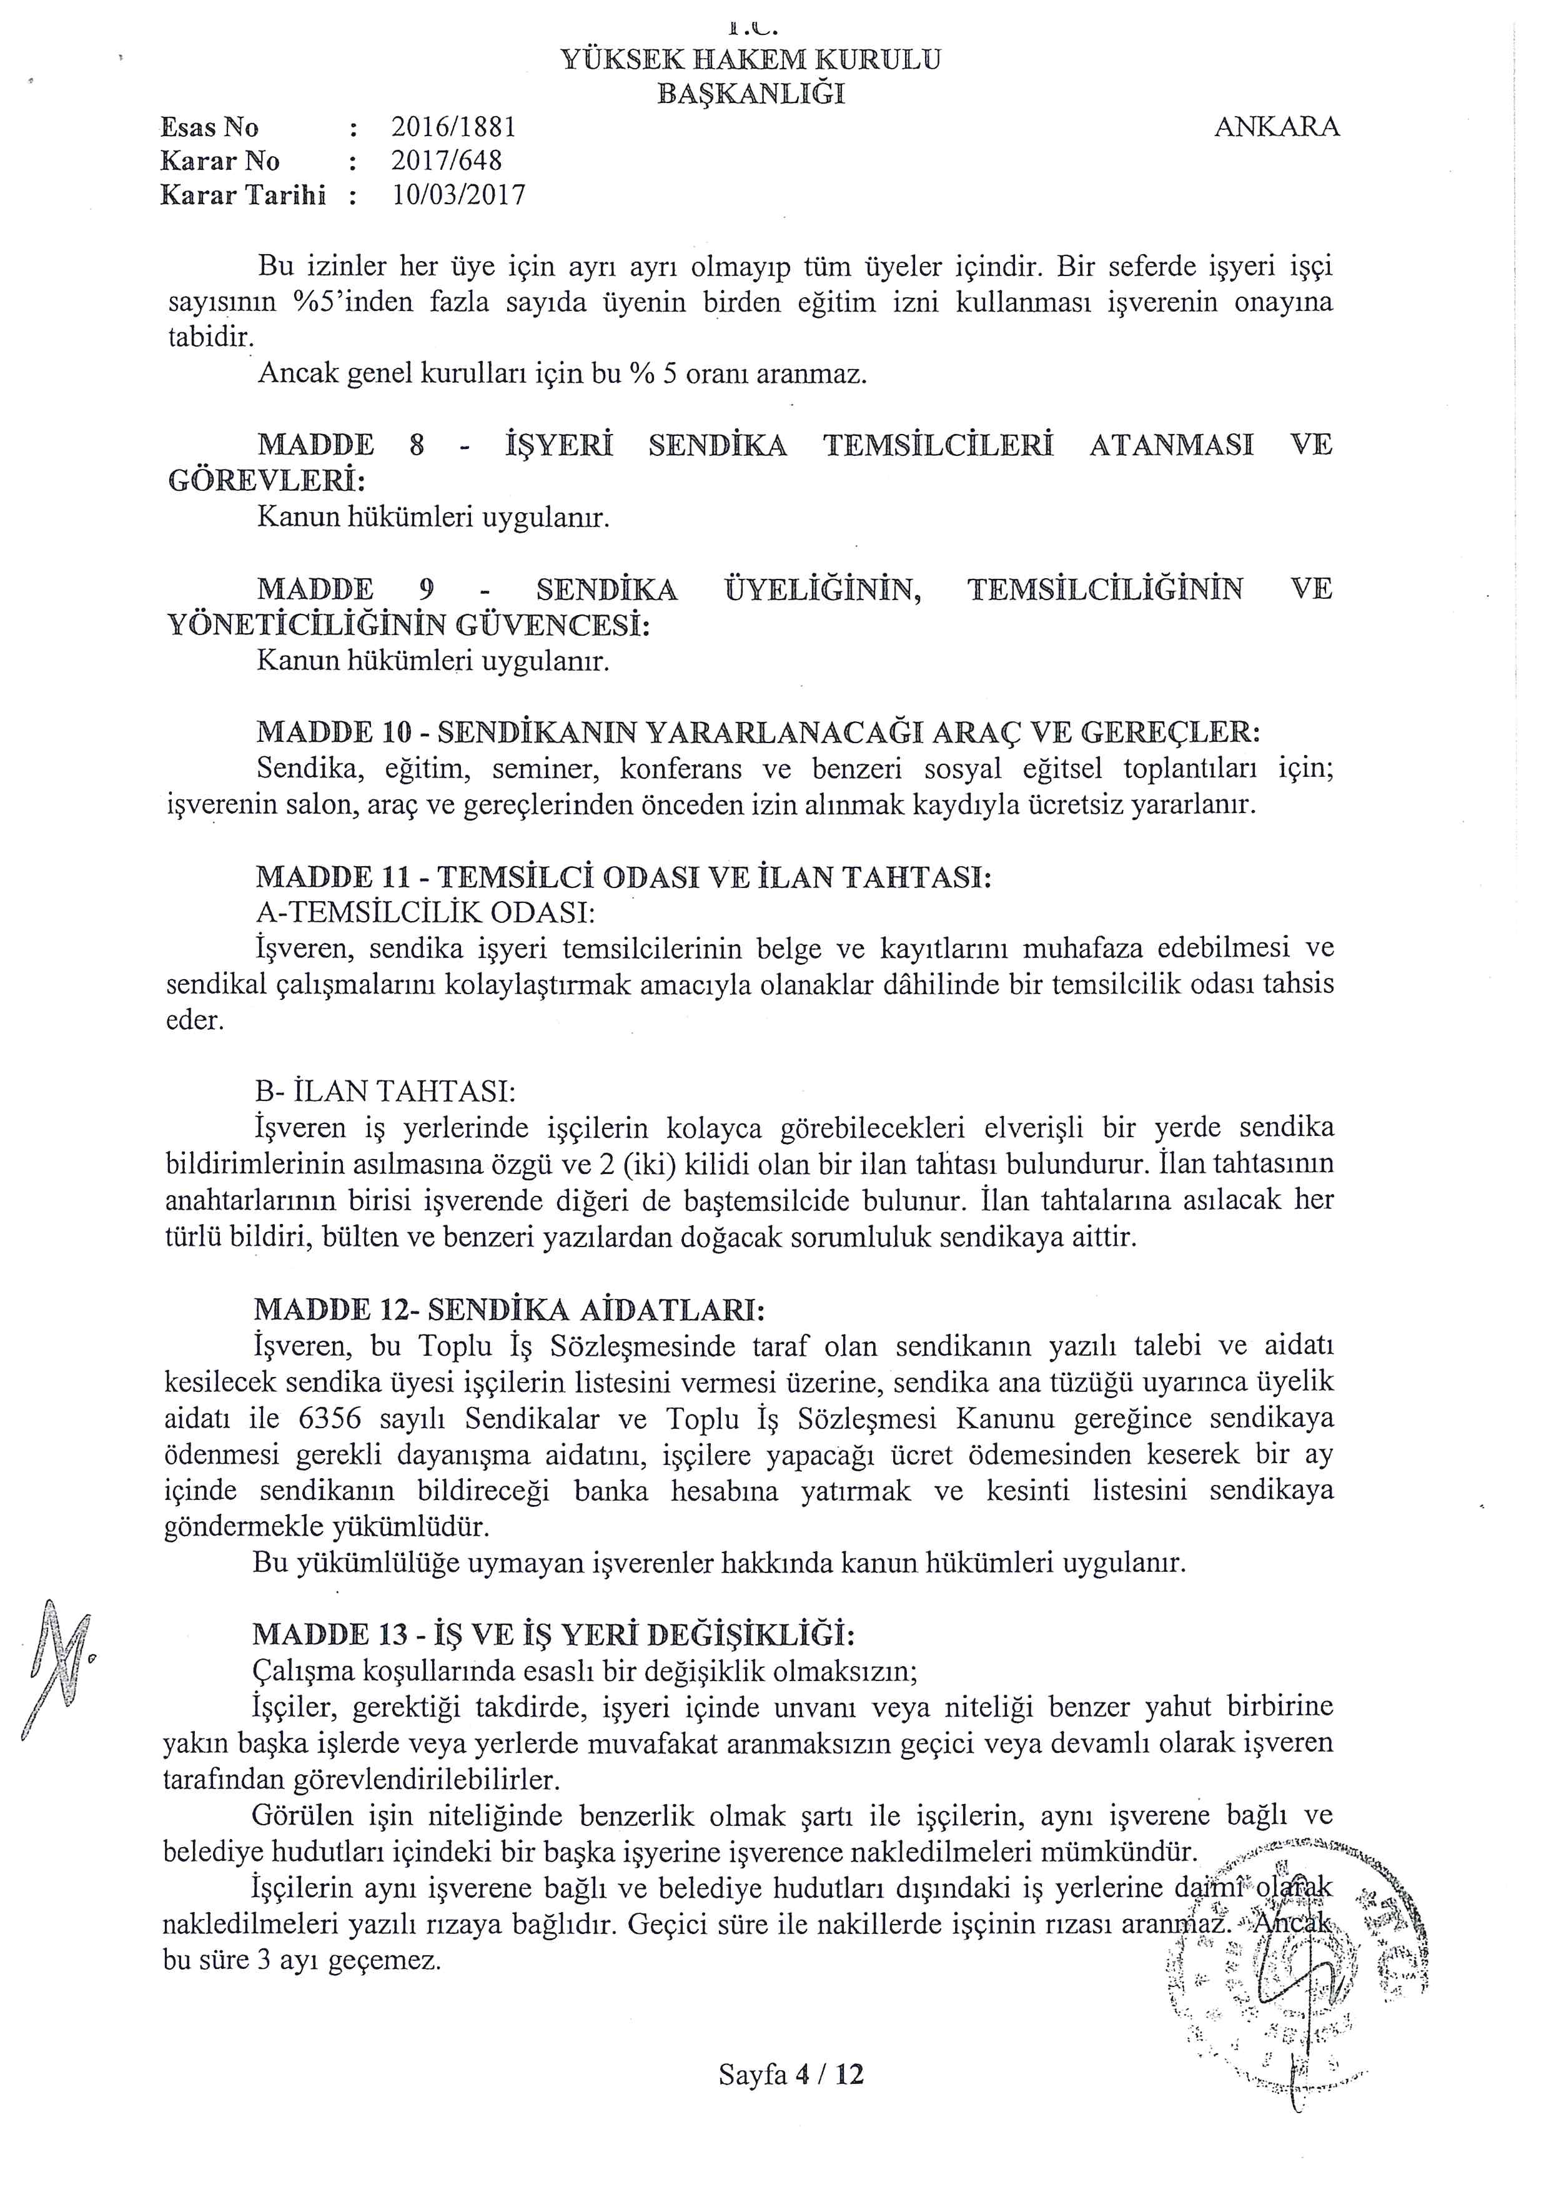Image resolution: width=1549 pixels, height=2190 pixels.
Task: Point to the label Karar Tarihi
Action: pyautogui.click(x=243, y=195)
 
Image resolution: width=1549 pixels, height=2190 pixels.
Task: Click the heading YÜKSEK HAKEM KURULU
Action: pyautogui.click(x=750, y=60)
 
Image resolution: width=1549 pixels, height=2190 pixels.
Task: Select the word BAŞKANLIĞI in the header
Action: pyautogui.click(x=751, y=94)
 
